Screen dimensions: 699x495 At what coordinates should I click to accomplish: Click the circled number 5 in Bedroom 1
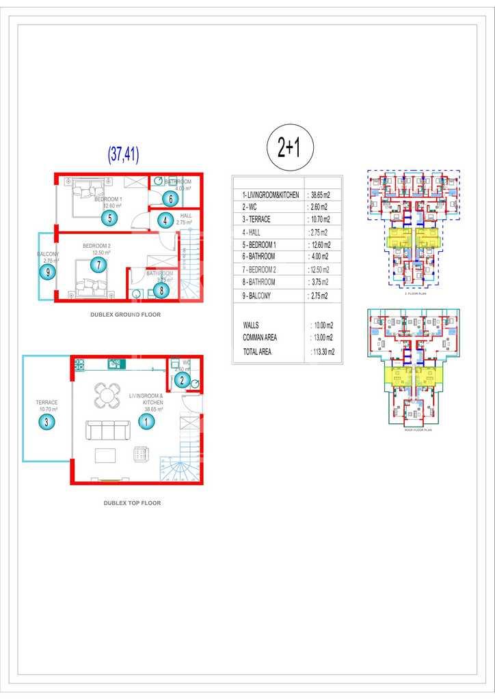coord(109,218)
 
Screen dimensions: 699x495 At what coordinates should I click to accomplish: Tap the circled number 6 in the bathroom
coord(171,199)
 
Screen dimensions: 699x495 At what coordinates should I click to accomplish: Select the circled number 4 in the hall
coord(165,220)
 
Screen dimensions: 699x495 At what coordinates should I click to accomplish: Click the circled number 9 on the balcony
coord(47,272)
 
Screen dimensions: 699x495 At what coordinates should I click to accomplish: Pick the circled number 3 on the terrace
coord(46,422)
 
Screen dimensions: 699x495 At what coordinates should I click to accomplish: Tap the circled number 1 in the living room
coord(146,422)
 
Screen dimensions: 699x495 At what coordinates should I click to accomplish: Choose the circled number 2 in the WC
coord(182,381)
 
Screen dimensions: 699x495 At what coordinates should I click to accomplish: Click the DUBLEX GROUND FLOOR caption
coord(125,315)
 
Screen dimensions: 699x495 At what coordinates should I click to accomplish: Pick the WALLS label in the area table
coord(251,326)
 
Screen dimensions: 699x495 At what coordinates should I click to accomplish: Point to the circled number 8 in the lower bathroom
coord(161,290)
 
